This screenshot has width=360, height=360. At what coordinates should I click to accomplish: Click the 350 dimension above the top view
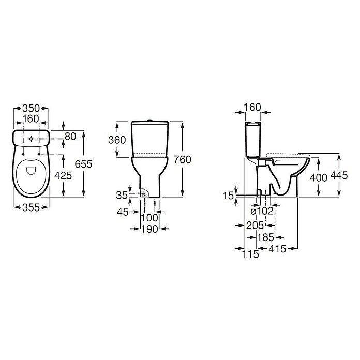31,108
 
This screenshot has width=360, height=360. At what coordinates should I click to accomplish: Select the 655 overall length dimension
83,164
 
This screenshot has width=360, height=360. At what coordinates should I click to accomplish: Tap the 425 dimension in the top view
63,176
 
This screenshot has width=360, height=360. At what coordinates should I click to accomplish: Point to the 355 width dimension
31,207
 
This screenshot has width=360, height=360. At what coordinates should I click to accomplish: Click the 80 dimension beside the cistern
70,137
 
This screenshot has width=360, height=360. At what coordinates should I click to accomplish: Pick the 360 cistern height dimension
117,140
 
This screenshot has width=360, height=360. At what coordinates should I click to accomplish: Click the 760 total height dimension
182,159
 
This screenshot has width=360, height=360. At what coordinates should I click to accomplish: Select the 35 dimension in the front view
122,195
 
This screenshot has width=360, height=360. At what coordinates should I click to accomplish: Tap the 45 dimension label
123,212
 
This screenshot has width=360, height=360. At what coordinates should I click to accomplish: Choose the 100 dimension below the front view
149,218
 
